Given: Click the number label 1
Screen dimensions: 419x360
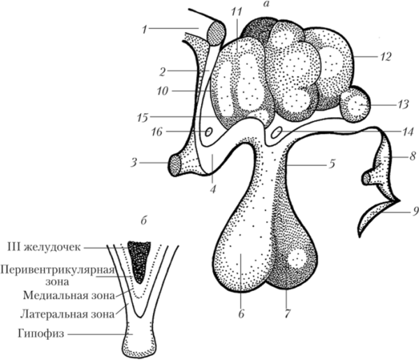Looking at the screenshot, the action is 145,29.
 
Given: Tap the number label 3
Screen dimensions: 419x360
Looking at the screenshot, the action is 134,162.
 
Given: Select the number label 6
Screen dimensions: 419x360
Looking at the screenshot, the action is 242,314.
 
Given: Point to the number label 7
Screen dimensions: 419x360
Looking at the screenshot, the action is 287,314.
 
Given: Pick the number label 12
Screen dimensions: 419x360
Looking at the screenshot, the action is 385,57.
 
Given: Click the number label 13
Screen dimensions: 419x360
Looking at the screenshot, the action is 402,105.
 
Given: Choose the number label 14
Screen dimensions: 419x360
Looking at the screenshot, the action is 407,132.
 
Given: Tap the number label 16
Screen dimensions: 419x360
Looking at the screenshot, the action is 157,131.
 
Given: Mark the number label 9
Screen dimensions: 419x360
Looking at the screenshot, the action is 415,204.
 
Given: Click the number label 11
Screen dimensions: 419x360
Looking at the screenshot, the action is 237,11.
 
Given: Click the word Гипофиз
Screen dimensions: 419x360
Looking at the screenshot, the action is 41,334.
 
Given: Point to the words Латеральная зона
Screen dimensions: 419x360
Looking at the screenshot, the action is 67,315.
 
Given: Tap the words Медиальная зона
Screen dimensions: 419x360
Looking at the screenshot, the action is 68,296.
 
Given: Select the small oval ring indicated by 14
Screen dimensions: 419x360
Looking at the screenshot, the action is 276,132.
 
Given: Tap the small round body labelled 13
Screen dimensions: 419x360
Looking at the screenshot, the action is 355,105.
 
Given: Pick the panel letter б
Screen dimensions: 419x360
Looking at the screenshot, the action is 144,222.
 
